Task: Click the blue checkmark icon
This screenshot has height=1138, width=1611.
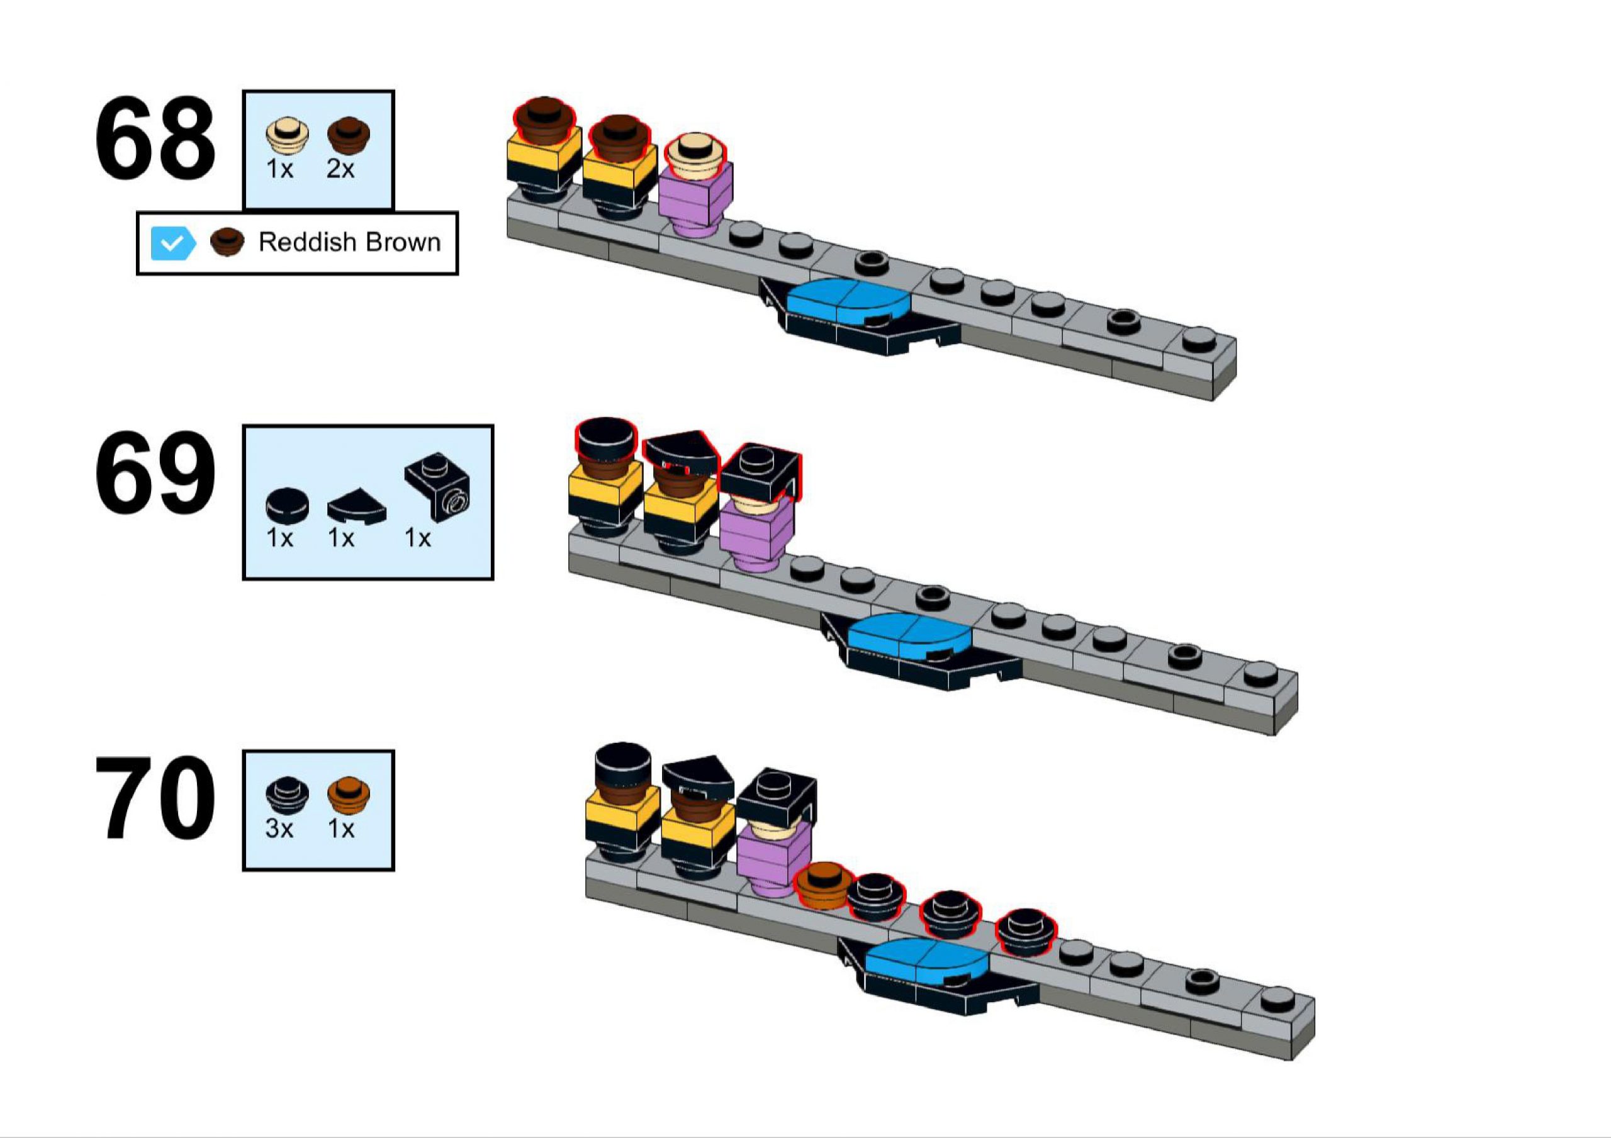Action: click(172, 243)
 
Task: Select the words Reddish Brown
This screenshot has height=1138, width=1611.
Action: click(349, 242)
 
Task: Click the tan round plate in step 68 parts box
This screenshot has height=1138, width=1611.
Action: click(287, 135)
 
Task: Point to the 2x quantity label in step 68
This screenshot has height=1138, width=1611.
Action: click(340, 169)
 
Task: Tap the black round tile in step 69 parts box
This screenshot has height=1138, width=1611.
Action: click(287, 505)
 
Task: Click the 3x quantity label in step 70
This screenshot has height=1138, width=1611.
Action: click(279, 829)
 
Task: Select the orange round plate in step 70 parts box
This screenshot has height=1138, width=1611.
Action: click(349, 793)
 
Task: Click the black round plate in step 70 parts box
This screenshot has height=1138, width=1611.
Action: click(287, 793)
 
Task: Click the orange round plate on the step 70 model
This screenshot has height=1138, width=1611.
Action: click(823, 884)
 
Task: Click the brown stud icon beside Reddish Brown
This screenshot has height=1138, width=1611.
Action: click(227, 242)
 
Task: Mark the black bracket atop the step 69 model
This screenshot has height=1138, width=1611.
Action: click(760, 474)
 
